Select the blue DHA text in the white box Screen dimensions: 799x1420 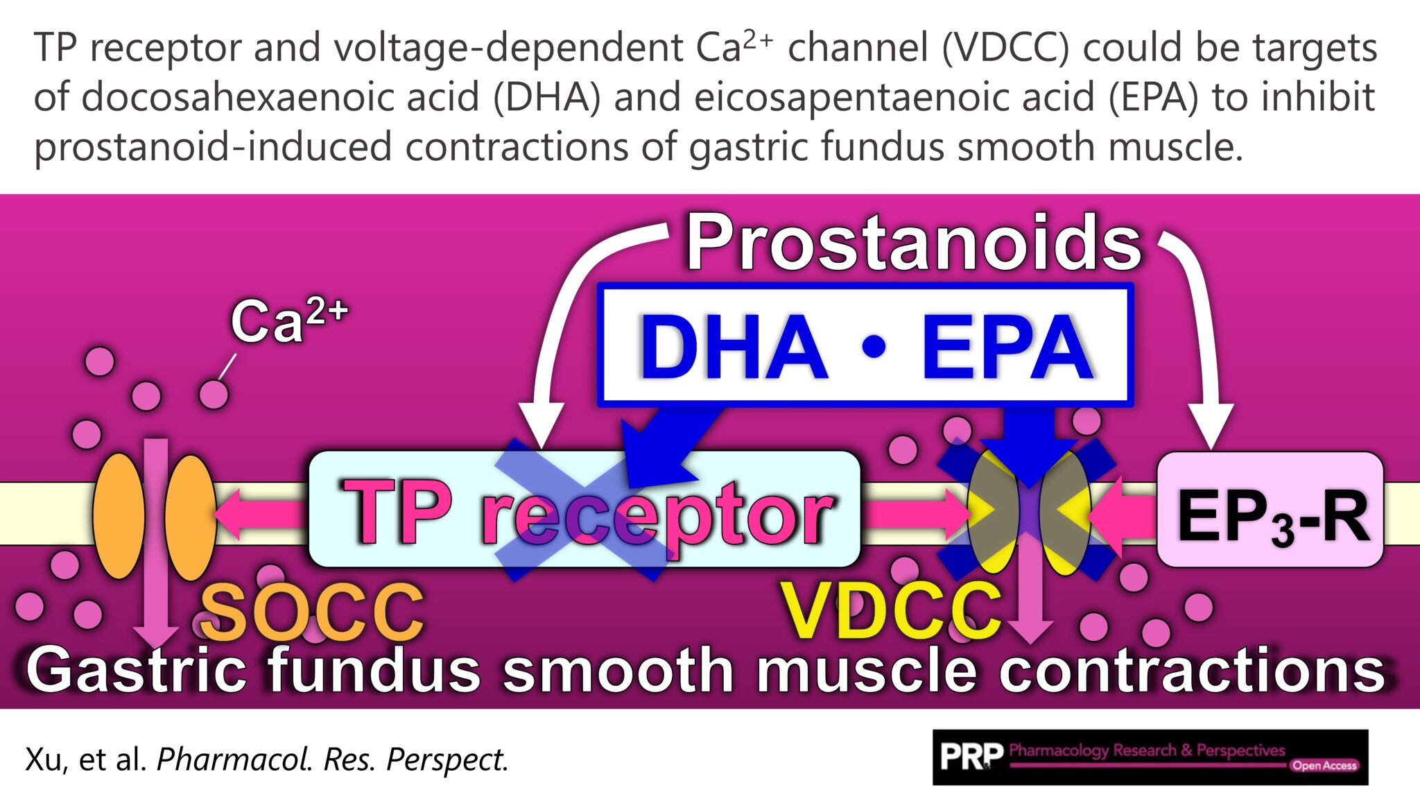coord(734,347)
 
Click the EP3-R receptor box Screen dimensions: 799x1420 coord(1270,510)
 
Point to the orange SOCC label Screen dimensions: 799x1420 coord(312,612)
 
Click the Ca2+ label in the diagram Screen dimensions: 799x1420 coord(288,321)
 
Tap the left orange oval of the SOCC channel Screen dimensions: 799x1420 coord(119,516)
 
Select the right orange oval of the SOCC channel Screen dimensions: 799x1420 coord(190,516)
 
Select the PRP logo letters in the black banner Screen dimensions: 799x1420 coord(971,757)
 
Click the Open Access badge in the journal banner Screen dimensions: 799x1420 coord(1324,766)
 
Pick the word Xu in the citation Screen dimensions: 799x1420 coord(43,759)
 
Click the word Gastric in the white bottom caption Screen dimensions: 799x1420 coord(136,670)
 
